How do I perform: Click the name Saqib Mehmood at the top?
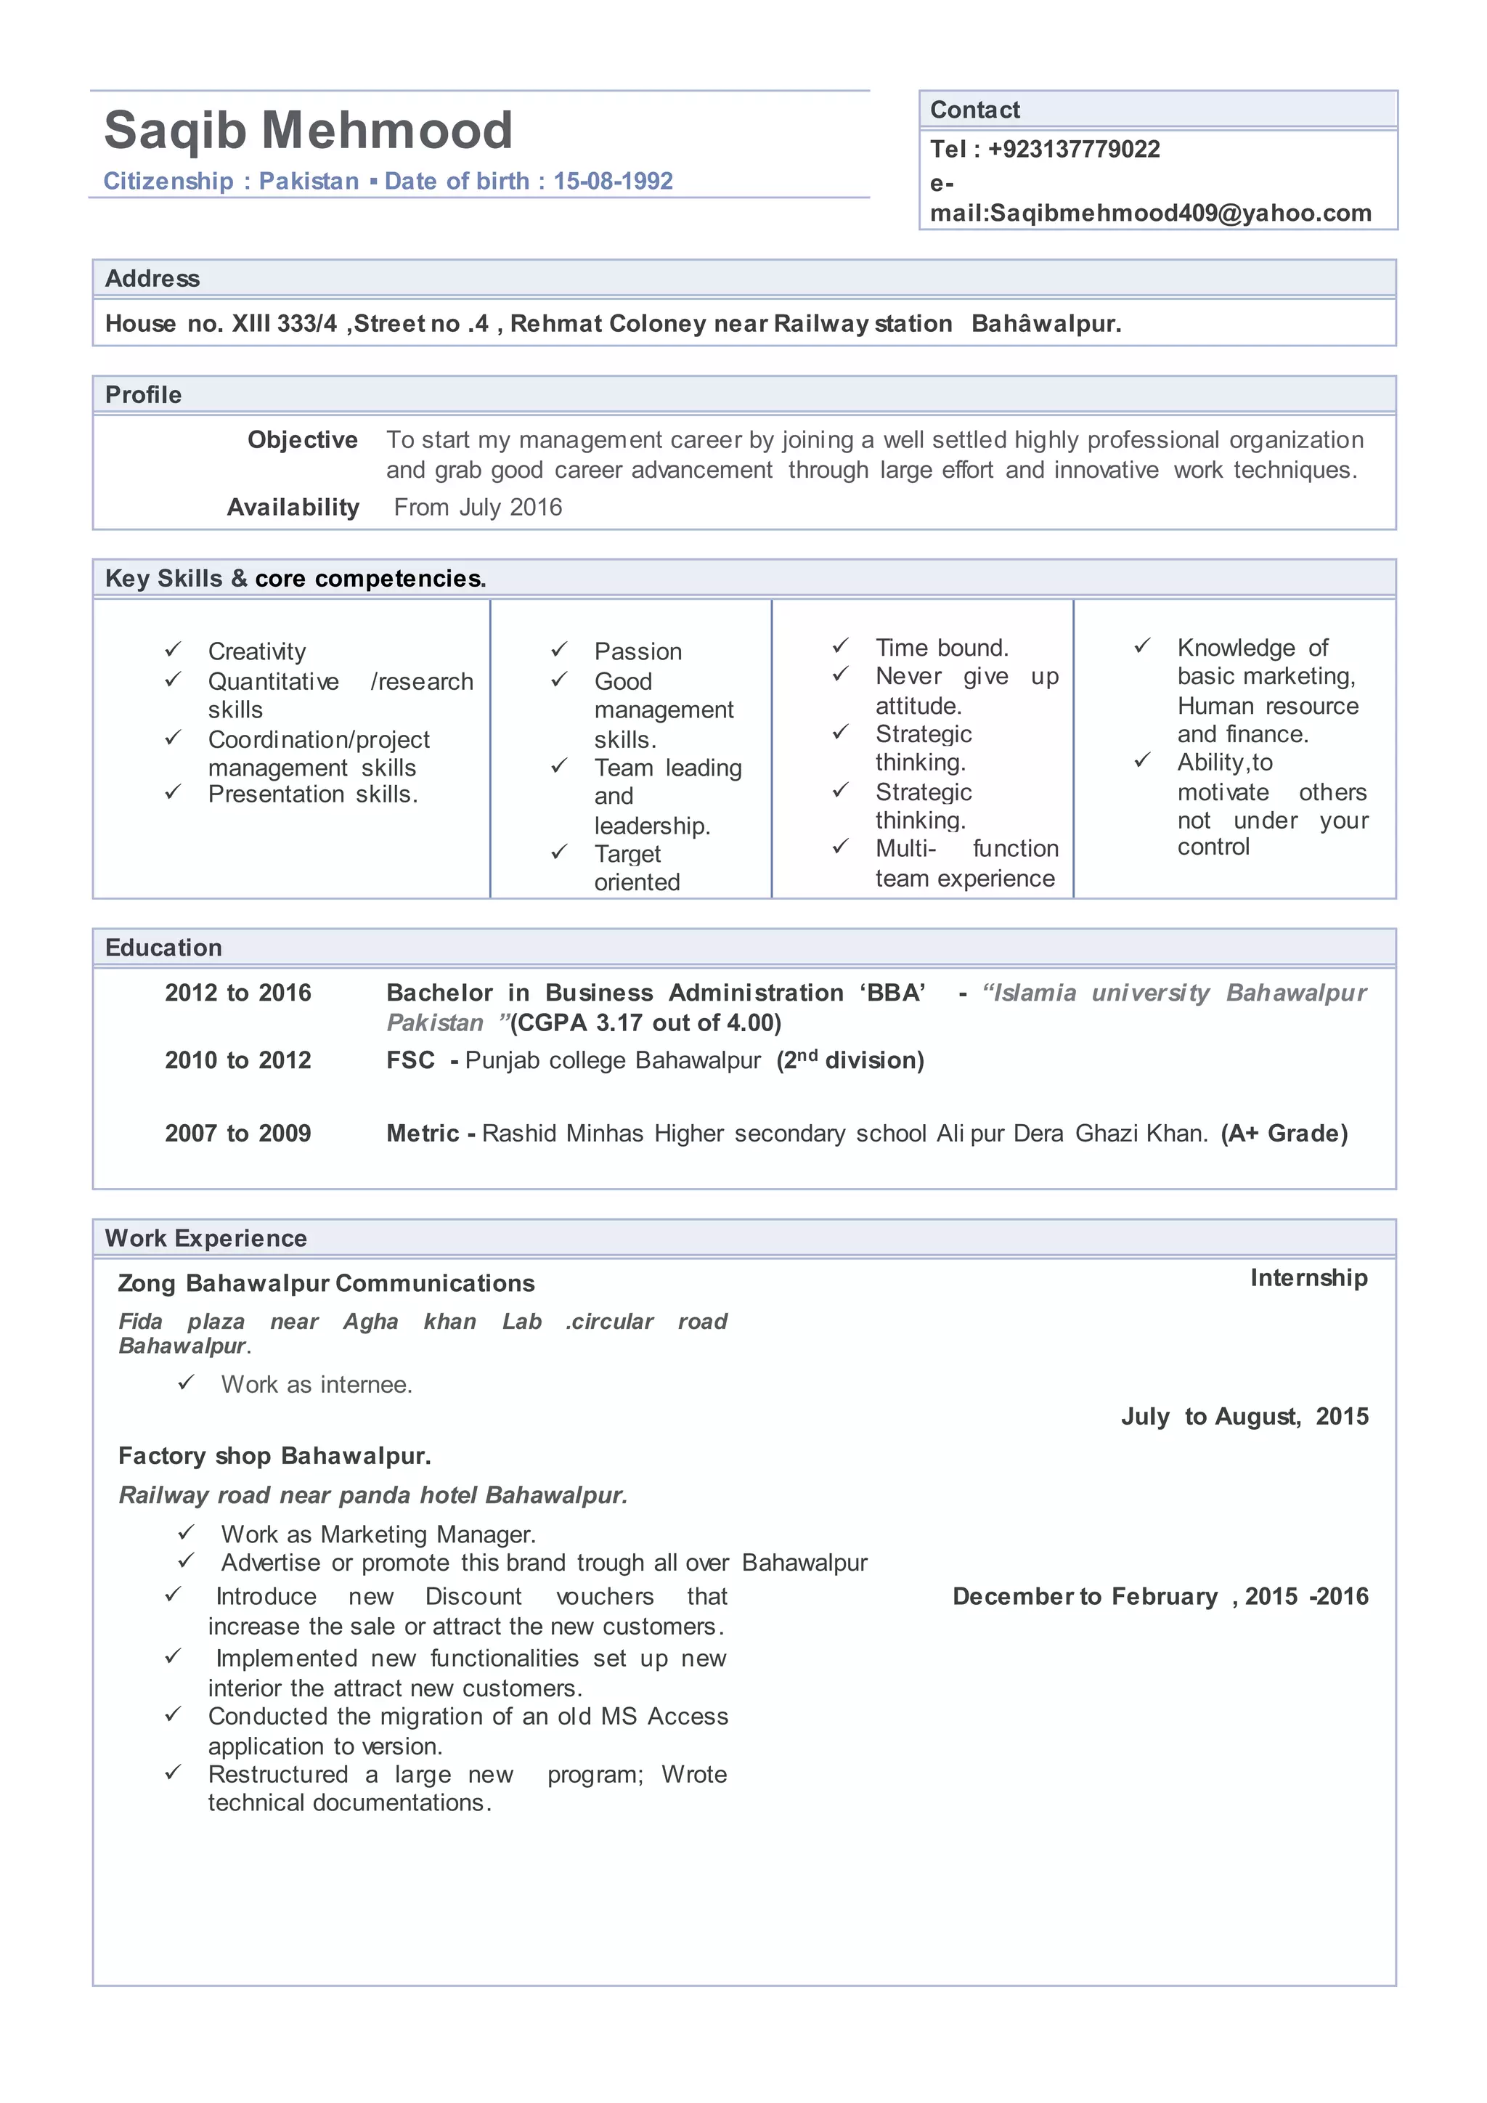[x=308, y=130]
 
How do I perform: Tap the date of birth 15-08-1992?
[x=613, y=182]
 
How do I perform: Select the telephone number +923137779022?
[x=1073, y=150]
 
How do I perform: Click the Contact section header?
[x=974, y=110]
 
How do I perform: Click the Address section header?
[x=152, y=278]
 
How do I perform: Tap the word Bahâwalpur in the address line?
[x=1046, y=325]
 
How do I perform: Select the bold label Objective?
[x=302, y=441]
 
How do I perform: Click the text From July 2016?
[x=477, y=508]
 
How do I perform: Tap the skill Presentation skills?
[x=312, y=794]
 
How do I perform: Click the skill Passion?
[x=637, y=651]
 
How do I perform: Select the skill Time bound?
[x=941, y=648]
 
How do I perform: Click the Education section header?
[x=163, y=948]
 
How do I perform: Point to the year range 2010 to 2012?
[x=238, y=1061]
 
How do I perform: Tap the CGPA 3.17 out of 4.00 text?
[x=645, y=1023]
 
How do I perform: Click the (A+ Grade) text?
[x=1284, y=1134]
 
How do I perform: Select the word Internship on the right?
[x=1308, y=1278]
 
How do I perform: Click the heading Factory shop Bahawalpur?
[x=274, y=1457]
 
